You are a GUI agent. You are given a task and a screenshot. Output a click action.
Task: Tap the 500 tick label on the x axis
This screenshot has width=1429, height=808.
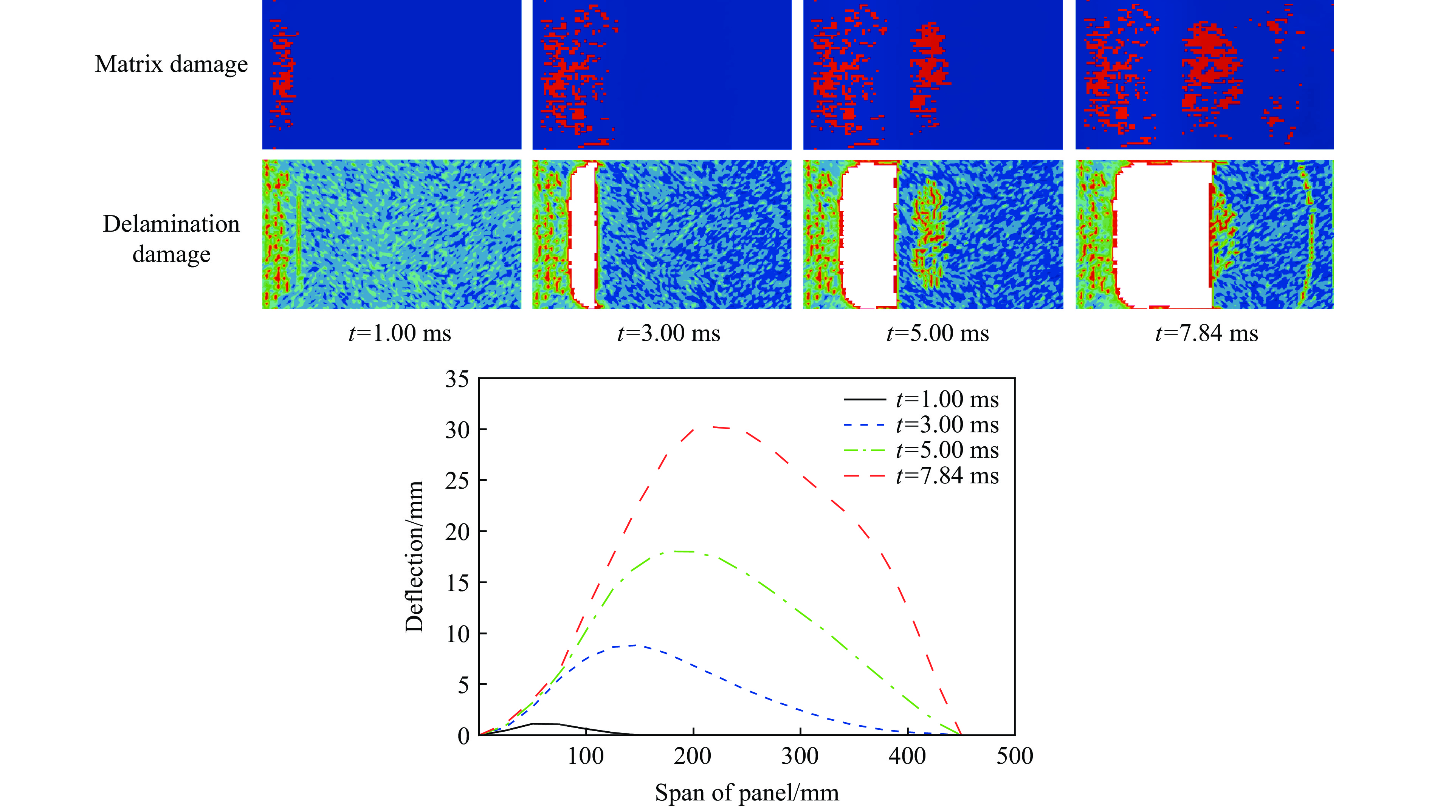click(1014, 756)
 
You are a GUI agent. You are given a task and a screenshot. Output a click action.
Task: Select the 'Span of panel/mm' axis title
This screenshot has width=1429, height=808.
click(746, 793)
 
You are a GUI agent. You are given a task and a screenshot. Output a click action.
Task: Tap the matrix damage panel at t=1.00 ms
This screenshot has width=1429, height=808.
click(392, 75)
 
